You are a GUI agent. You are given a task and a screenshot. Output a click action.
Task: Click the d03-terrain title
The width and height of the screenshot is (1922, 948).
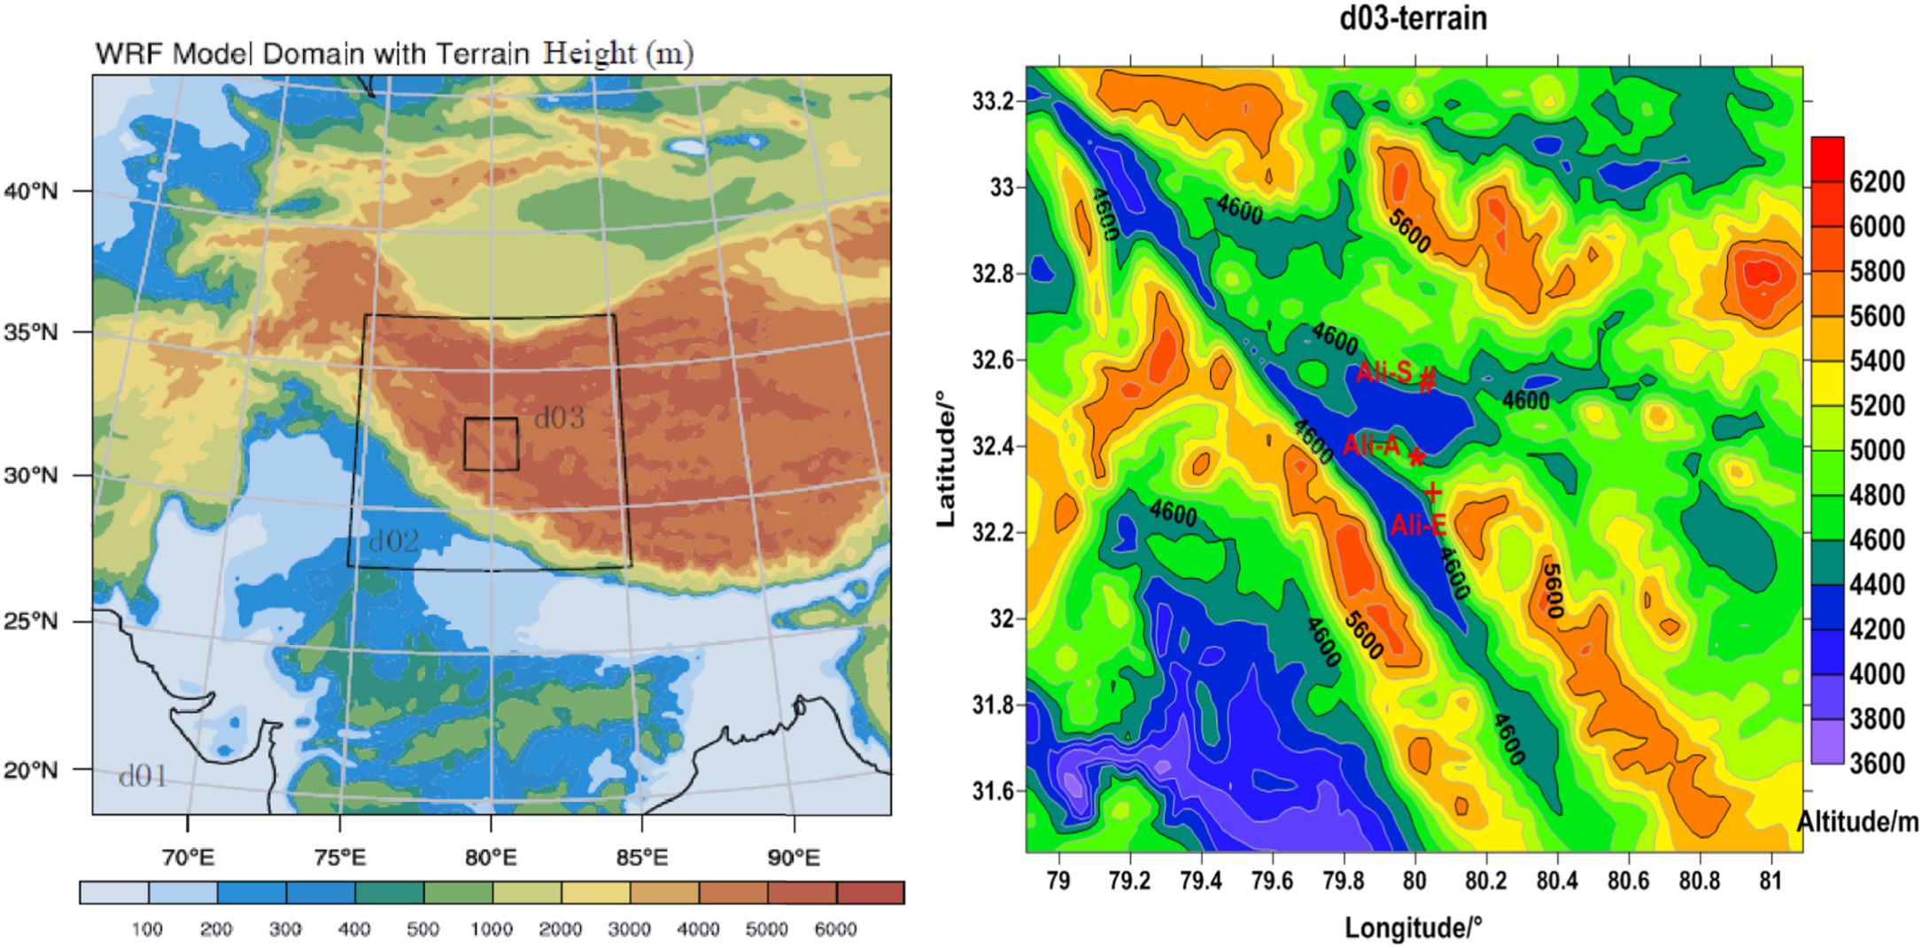[1413, 18]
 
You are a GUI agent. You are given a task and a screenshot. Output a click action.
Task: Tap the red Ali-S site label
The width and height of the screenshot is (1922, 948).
[1383, 372]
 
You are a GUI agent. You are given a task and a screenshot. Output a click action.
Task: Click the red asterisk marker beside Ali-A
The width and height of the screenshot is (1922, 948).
[1416, 457]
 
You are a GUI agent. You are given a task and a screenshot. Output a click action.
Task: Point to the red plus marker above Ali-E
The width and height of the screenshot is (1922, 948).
[1432, 492]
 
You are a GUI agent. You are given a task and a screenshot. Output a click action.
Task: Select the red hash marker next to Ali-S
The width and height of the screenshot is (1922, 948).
[1427, 381]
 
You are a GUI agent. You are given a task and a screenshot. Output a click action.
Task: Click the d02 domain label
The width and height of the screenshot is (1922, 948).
[393, 540]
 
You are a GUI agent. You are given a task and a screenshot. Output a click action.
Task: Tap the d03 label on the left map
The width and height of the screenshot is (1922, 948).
[560, 417]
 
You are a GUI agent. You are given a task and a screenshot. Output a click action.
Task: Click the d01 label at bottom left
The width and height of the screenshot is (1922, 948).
[143, 776]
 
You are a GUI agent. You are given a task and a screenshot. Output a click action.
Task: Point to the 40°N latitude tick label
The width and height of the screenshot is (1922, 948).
[32, 191]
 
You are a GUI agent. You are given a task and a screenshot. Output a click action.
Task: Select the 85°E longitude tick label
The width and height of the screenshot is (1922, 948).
[642, 858]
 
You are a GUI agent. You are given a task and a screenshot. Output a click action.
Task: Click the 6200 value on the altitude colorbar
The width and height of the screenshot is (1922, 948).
[1877, 182]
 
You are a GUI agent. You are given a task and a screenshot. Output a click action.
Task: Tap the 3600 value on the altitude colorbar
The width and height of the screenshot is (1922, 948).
[1877, 763]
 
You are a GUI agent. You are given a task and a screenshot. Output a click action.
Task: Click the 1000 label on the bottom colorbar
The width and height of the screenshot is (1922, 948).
[492, 929]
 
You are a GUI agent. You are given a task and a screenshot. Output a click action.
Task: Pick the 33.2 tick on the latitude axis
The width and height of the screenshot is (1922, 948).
[993, 101]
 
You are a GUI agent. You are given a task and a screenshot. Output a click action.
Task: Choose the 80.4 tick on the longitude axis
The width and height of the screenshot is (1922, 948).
[1557, 881]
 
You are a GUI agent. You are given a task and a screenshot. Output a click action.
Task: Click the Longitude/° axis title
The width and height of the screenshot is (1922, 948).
[1412, 928]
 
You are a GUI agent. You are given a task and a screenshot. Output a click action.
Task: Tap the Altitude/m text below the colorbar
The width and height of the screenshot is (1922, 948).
[1857, 822]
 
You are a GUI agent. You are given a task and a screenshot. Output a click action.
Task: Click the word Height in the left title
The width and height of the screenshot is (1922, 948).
[589, 53]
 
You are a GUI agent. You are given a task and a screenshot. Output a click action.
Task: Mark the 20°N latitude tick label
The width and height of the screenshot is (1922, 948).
[32, 770]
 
